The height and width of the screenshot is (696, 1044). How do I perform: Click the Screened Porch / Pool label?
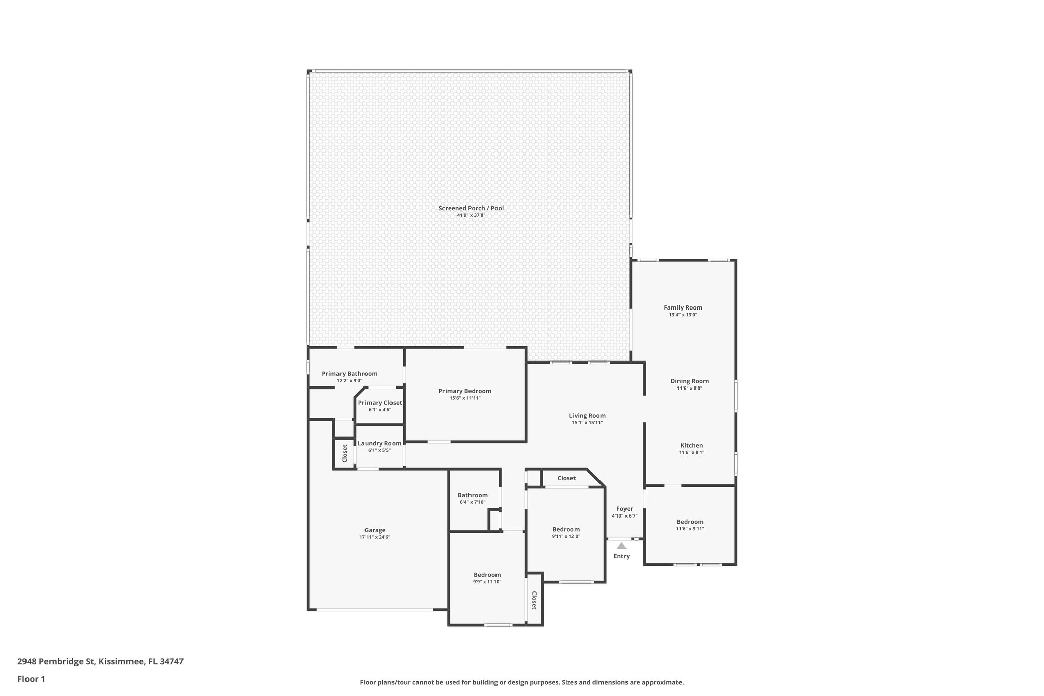(471, 208)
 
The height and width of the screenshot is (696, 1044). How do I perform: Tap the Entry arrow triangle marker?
(621, 546)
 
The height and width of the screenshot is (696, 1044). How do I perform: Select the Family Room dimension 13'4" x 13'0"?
(683, 315)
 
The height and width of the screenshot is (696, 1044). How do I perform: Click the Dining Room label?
(689, 381)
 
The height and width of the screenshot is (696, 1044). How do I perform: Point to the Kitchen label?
(691, 445)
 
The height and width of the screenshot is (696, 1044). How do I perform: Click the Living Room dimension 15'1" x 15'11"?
(587, 422)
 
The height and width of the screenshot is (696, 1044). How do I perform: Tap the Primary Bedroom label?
(465, 391)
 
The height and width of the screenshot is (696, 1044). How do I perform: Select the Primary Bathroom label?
(349, 374)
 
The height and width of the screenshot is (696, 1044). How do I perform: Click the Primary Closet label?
(380, 403)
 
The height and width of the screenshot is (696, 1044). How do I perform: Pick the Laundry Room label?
(379, 443)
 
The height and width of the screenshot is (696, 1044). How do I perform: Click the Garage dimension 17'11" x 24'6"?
(375, 537)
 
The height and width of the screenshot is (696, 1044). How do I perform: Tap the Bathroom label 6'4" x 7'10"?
(473, 495)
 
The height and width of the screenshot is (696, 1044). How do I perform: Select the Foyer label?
(624, 509)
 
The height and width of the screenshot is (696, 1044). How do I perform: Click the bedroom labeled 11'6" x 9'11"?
(690, 522)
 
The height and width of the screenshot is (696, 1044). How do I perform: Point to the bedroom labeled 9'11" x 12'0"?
(566, 529)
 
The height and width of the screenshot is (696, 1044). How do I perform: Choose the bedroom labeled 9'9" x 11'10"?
(487, 575)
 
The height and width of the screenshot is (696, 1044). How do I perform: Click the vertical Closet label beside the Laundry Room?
(345, 453)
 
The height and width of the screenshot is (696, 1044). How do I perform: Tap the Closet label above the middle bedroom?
(566, 478)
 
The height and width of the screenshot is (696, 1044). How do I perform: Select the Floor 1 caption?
(31, 679)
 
